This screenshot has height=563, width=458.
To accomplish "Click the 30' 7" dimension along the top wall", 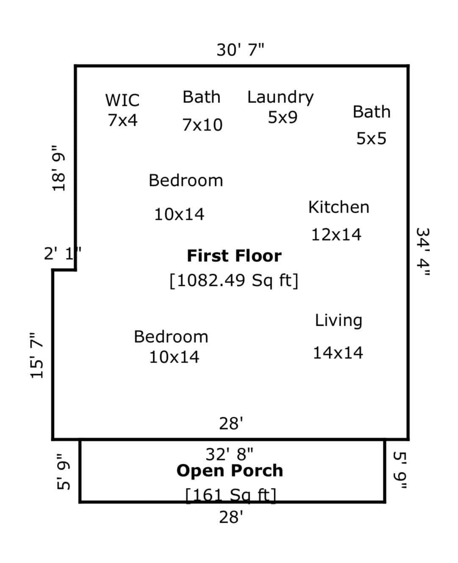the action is point(240,50).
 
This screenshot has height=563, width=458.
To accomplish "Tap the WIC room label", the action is point(122,100).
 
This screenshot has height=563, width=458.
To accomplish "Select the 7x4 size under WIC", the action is point(123,120).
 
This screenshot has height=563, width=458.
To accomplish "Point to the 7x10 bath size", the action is point(202,125).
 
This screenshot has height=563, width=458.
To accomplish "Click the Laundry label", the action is point(281,97).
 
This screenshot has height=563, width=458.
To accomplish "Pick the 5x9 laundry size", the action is point(283,117).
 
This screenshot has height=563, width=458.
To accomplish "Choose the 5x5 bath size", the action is point(371,138).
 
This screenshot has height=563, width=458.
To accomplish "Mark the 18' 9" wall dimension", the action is point(58,168).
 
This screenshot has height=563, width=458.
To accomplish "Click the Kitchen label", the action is point(339,207).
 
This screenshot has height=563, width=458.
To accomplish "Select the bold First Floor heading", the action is point(234,256).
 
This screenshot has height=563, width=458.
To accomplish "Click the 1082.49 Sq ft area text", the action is point(234,280).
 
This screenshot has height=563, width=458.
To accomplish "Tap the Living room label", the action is point(339,321).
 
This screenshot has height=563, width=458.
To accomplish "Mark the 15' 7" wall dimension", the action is point(36,355).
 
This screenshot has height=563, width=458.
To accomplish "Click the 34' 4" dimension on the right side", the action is point(422,252).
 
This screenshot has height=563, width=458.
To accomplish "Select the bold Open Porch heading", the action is point(230,471).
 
